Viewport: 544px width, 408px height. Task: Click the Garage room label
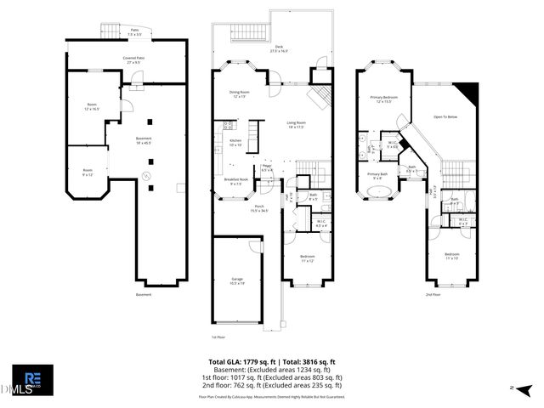point(237,280)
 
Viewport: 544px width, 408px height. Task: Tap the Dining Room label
point(239,93)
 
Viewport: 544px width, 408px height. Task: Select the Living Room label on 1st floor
point(296,125)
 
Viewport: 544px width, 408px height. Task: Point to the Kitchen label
point(235,142)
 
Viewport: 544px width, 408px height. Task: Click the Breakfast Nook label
point(235,181)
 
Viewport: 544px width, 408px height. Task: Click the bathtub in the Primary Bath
point(377,192)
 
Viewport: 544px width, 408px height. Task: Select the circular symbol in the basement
point(144,176)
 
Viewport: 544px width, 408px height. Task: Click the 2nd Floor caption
point(433,295)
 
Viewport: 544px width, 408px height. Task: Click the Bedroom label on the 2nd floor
point(452,256)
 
